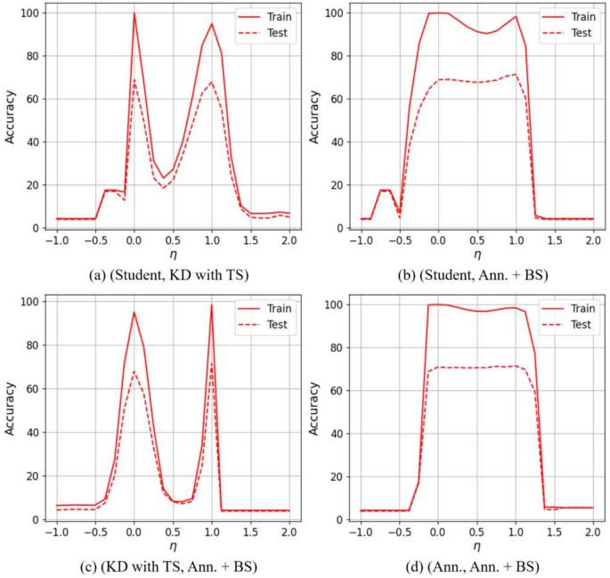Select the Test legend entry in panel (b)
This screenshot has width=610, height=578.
(x=579, y=34)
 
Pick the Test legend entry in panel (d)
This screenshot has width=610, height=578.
(x=579, y=326)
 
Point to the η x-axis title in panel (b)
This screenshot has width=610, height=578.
(x=476, y=255)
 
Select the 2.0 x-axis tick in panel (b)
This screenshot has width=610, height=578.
(x=592, y=240)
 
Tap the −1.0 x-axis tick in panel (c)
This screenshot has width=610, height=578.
(x=54, y=532)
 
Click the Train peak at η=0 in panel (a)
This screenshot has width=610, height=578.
(x=134, y=13)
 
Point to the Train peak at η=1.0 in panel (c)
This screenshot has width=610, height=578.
(x=211, y=305)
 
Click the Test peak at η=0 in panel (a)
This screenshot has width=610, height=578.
(x=134, y=79)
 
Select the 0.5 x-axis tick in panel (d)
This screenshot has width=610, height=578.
(x=476, y=532)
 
